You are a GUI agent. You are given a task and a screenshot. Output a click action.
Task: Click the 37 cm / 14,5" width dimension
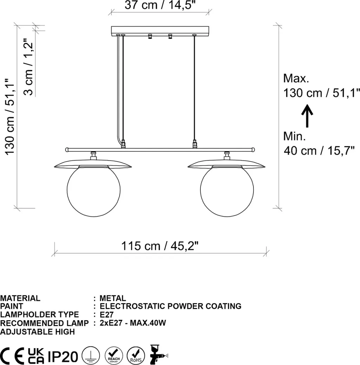[160, 5]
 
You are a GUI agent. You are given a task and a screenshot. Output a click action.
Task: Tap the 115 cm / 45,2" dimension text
[160, 246]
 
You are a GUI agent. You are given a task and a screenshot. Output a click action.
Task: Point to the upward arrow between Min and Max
[307, 116]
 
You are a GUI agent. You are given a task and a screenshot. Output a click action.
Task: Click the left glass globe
[94, 191]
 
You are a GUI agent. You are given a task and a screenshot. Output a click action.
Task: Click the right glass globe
[227, 191]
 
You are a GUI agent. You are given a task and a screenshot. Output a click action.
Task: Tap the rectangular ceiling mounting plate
[160, 30]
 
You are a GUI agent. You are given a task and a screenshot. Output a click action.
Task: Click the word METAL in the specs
[113, 298]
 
